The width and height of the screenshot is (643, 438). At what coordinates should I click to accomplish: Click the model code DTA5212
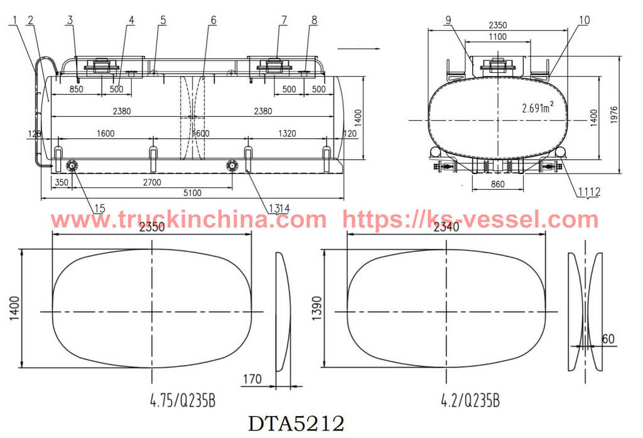coord(296,424)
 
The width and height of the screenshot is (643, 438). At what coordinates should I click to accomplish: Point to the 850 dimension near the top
coord(76,89)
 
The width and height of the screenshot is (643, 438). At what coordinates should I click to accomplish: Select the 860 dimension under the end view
coord(497,185)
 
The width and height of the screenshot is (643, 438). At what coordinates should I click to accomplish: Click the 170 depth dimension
coord(251,379)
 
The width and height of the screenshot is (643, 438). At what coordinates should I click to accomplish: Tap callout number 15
coord(100,208)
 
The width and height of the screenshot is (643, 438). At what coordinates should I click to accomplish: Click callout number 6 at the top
coord(213,20)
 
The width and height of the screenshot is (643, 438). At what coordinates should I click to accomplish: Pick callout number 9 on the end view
coord(448,20)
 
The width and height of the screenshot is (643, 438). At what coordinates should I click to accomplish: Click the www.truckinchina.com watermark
coord(188,220)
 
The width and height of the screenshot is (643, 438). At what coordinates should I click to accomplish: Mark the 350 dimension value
coord(62,182)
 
